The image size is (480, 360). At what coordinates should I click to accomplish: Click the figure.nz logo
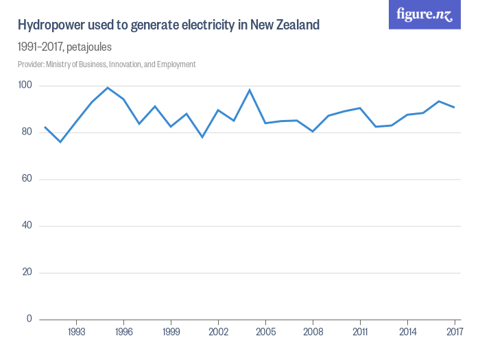tap(424, 14)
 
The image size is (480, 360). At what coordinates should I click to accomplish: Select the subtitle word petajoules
tap(85, 47)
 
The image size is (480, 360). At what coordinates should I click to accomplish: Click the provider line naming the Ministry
tap(106, 64)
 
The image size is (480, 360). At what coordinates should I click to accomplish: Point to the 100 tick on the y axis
tap(26, 86)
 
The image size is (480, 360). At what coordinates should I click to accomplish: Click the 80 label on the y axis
tap(26, 132)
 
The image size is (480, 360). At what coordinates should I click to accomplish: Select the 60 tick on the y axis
tap(26, 179)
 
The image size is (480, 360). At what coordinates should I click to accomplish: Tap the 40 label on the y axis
tap(26, 226)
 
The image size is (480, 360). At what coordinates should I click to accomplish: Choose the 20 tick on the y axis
tap(26, 272)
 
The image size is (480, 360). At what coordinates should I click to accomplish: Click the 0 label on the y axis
tap(29, 319)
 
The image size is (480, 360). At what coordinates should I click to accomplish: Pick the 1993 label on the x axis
tap(76, 331)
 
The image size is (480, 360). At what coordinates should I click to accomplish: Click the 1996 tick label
tap(123, 331)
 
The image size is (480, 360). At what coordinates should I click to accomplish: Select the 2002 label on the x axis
tap(218, 331)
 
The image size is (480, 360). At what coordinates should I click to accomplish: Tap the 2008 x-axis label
tap(313, 331)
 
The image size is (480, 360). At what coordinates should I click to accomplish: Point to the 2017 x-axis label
tap(454, 331)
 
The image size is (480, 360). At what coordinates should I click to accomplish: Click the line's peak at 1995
tap(108, 88)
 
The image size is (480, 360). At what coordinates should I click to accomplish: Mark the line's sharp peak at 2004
tap(250, 90)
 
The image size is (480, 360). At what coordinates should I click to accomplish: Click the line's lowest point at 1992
tap(60, 142)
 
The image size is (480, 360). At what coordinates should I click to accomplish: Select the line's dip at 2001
tap(202, 137)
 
